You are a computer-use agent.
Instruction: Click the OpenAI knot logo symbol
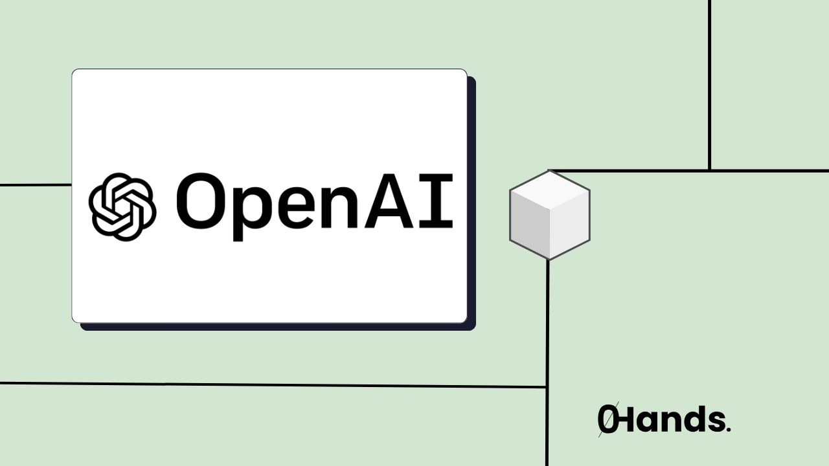click(x=122, y=206)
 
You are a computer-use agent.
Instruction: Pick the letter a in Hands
click(x=650, y=422)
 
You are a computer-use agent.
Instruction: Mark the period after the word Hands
click(x=729, y=429)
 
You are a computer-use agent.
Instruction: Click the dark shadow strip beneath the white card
click(x=278, y=327)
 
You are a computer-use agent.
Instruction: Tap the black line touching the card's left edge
click(x=36, y=184)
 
